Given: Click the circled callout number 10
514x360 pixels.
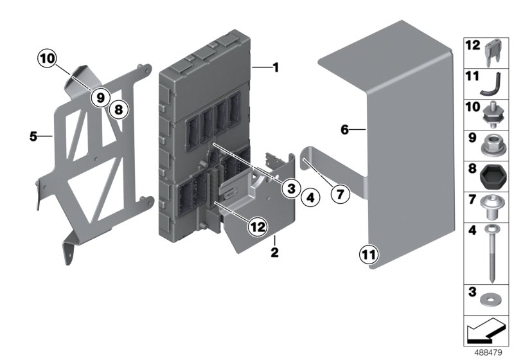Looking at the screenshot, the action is tap(47, 59).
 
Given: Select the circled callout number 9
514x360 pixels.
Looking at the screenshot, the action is tap(101, 97).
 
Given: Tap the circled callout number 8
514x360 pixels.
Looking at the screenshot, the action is tap(118, 109).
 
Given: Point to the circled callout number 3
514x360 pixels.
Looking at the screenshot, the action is tap(291, 188).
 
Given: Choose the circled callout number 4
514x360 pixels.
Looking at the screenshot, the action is tap(310, 198).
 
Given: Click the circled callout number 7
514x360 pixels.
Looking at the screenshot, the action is tap(340, 194).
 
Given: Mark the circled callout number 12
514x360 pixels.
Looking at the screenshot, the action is tap(258, 226).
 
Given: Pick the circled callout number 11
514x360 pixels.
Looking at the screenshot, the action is tap(368, 255).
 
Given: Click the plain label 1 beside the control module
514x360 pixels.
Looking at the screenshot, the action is tap(276, 67).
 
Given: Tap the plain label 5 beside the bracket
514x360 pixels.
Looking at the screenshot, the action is tap(33, 136).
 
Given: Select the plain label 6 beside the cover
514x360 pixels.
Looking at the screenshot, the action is tap(344, 130).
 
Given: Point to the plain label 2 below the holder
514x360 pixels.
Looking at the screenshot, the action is tap(274, 252).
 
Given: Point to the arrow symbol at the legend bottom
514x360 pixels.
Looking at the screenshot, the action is tap(484, 330).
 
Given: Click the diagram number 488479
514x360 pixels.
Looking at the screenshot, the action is tap(488, 353).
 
